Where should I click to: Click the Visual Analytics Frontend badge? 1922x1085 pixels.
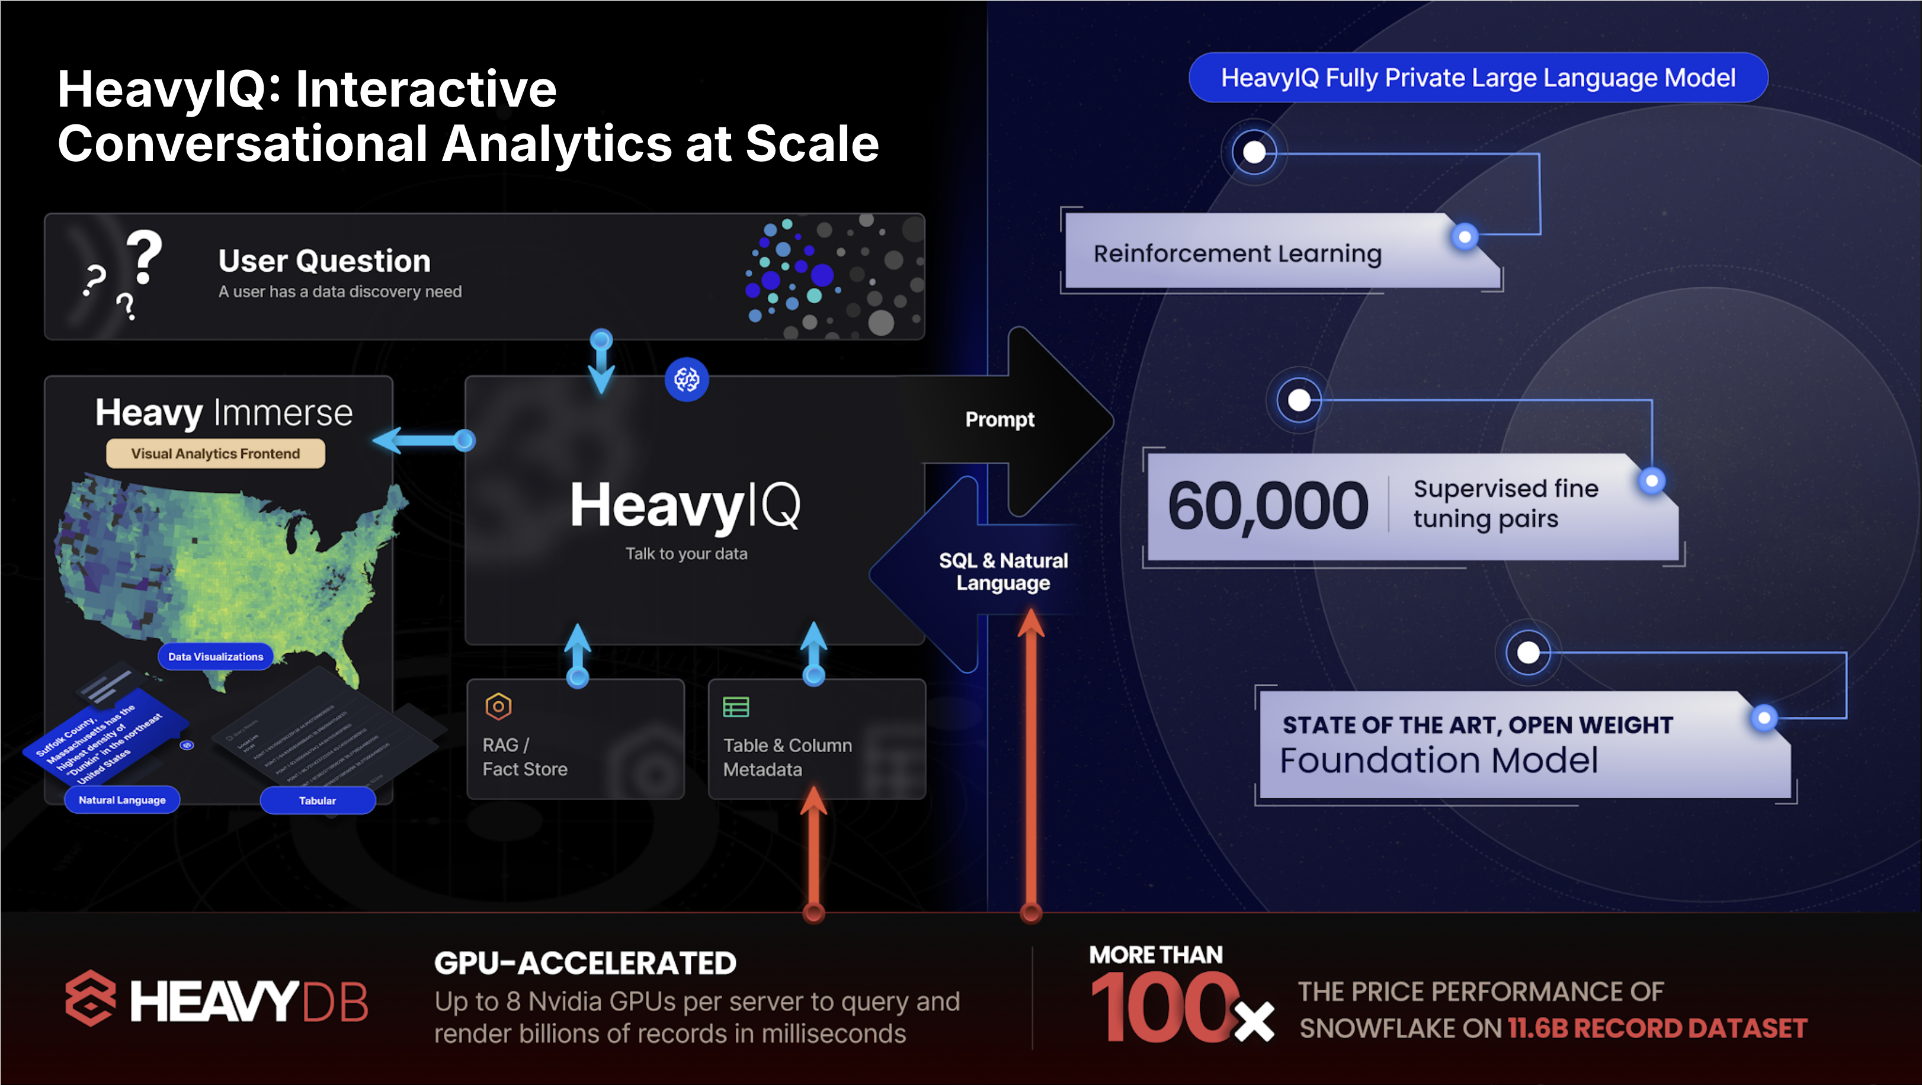tap(215, 454)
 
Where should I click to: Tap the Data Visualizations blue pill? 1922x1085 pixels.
tap(215, 656)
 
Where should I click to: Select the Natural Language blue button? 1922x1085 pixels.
tap(123, 800)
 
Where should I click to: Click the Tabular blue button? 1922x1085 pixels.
tap(317, 800)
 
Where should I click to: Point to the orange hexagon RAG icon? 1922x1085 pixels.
tap(498, 705)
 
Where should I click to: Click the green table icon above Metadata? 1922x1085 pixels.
tap(736, 706)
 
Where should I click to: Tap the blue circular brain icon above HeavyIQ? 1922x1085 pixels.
tap(687, 380)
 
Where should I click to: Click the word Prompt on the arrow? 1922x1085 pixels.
tap(999, 419)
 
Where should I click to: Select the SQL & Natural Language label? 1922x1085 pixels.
tap(1003, 571)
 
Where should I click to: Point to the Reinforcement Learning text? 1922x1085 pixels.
tap(1237, 253)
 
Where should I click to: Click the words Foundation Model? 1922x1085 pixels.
tap(1439, 760)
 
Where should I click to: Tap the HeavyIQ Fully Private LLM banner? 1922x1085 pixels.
tap(1477, 78)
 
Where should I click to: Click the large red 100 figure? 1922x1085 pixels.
tap(1162, 1008)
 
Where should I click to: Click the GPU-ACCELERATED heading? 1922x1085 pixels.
tap(585, 963)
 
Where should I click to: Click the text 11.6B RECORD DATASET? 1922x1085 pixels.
tap(1657, 1028)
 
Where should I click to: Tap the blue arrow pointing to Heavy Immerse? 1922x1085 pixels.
tap(422, 441)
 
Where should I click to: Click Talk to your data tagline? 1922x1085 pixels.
tap(685, 553)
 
